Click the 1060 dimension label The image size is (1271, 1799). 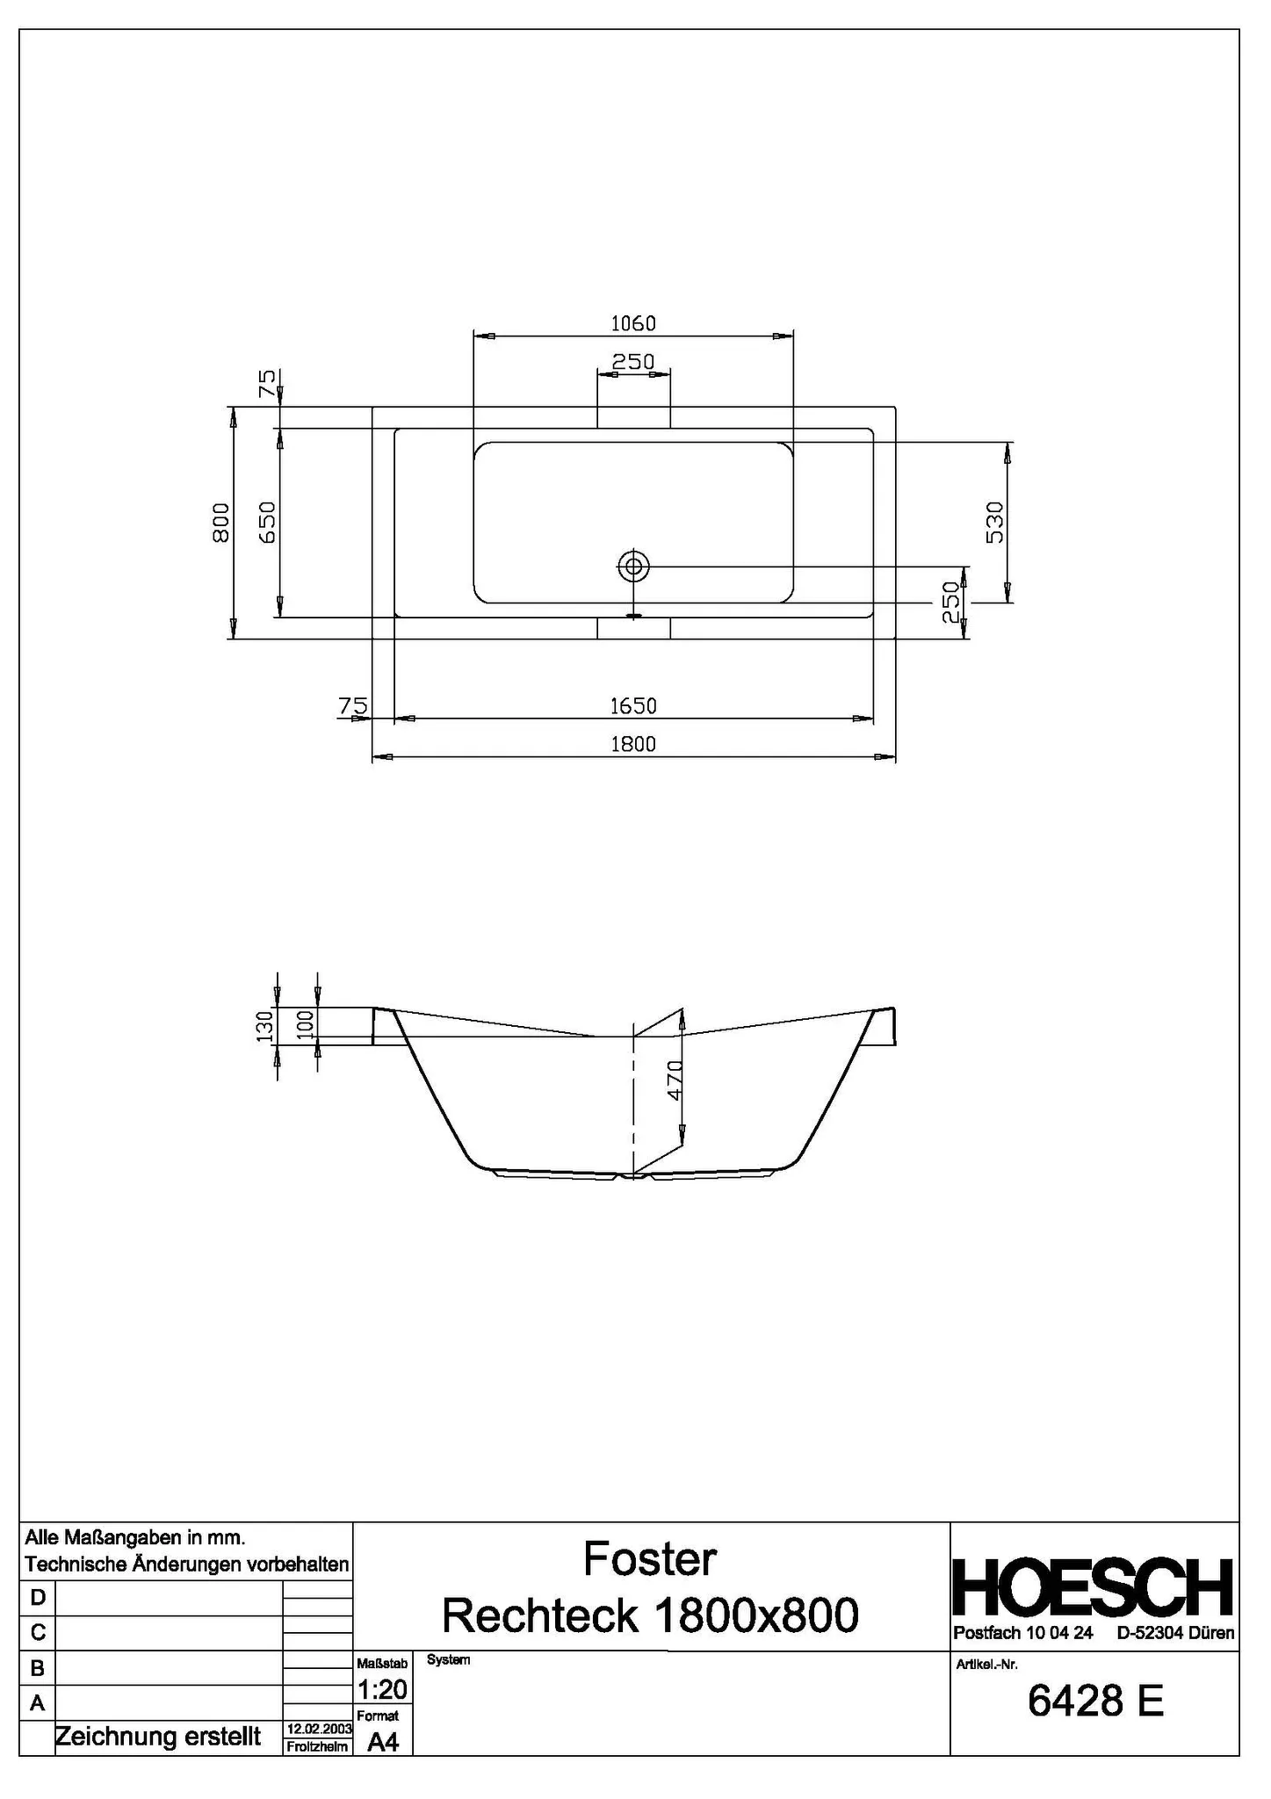[x=632, y=323]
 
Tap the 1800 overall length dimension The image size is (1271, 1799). [x=632, y=744]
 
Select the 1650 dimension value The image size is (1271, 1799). [x=632, y=705]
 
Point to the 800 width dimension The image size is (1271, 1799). [x=221, y=523]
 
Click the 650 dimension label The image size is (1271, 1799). [x=268, y=523]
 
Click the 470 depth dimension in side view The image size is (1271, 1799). [x=674, y=1080]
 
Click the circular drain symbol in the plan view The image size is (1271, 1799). [x=632, y=567]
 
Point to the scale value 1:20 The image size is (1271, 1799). [x=382, y=1689]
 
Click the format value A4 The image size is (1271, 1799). [x=383, y=1742]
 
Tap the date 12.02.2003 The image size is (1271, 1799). [x=319, y=1729]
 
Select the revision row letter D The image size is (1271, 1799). [x=37, y=1596]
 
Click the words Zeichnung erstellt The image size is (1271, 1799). [x=158, y=1736]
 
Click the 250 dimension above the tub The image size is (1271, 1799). [x=632, y=361]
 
